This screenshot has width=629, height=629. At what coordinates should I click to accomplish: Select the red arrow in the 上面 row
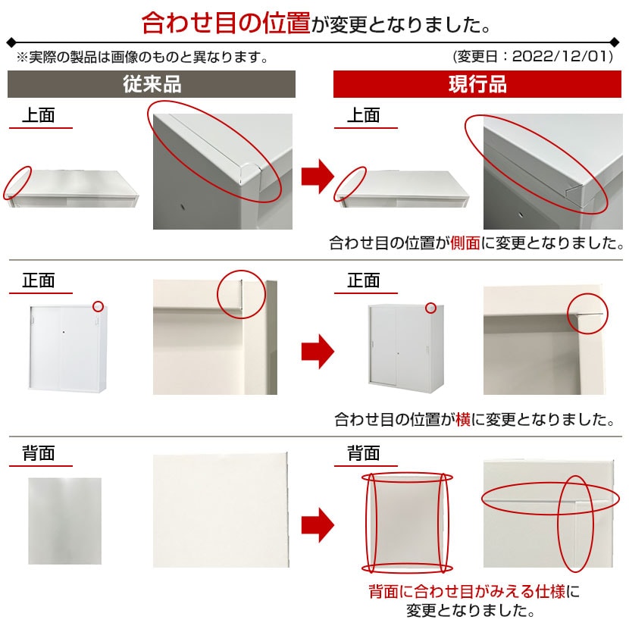pos(317,177)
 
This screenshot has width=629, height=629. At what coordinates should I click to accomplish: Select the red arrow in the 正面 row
pos(317,351)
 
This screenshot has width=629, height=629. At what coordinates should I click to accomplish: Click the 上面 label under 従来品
pos(38,115)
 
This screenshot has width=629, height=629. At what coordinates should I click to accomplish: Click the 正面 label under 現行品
pos(363,280)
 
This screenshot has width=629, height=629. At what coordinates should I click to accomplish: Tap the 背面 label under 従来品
pos(38,453)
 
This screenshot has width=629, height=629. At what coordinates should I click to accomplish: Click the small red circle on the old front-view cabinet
pos(97,306)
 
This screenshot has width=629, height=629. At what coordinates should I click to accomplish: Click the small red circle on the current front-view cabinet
pos(430,308)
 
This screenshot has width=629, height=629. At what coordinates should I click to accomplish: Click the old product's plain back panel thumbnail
pos(64,521)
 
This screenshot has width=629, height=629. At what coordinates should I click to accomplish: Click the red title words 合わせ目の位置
pos(226,23)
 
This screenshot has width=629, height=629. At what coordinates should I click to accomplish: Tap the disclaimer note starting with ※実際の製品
pos(142,57)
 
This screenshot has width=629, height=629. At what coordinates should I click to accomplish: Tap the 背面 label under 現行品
pos(363,453)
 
